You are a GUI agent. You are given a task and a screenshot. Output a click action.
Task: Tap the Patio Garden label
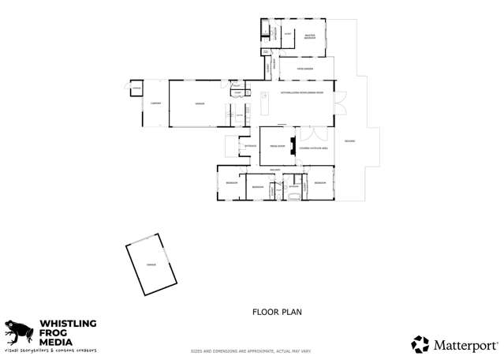(x=295, y=69)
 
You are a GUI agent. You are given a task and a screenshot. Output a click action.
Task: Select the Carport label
(x=156, y=103)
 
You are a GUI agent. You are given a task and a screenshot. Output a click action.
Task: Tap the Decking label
(x=349, y=141)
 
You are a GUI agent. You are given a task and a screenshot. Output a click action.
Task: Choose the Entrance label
(x=251, y=146)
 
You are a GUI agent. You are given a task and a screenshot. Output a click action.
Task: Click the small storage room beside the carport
(x=136, y=89)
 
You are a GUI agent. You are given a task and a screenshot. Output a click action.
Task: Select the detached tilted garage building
(x=152, y=264)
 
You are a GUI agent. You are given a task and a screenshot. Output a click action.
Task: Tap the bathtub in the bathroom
(x=293, y=194)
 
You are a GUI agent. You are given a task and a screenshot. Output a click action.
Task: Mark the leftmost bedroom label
(x=231, y=182)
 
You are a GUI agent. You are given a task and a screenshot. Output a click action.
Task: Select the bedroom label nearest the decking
(x=319, y=182)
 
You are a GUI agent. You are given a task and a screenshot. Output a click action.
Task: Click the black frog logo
(x=17, y=332)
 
